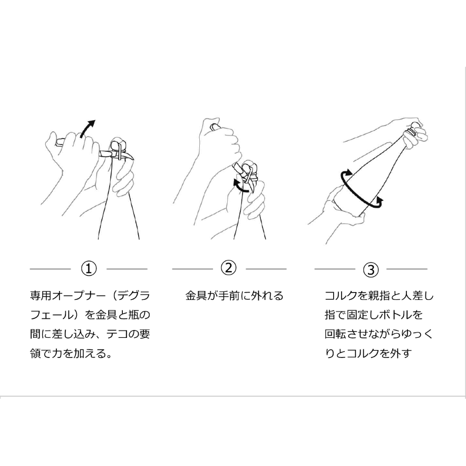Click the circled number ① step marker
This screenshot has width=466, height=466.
tap(89, 269)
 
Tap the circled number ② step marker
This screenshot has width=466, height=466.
tap(229, 268)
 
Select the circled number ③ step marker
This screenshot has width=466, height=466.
tap(371, 270)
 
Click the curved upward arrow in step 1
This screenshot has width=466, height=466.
tap(88, 128)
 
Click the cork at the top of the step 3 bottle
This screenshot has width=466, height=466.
tap(415, 127)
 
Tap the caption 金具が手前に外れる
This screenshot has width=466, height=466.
tap(234, 296)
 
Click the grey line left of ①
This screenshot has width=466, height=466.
tap(50, 269)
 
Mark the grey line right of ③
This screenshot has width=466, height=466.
tap(407, 269)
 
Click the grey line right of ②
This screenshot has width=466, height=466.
tap(266, 269)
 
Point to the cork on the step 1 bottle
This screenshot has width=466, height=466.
tap(118, 143)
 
